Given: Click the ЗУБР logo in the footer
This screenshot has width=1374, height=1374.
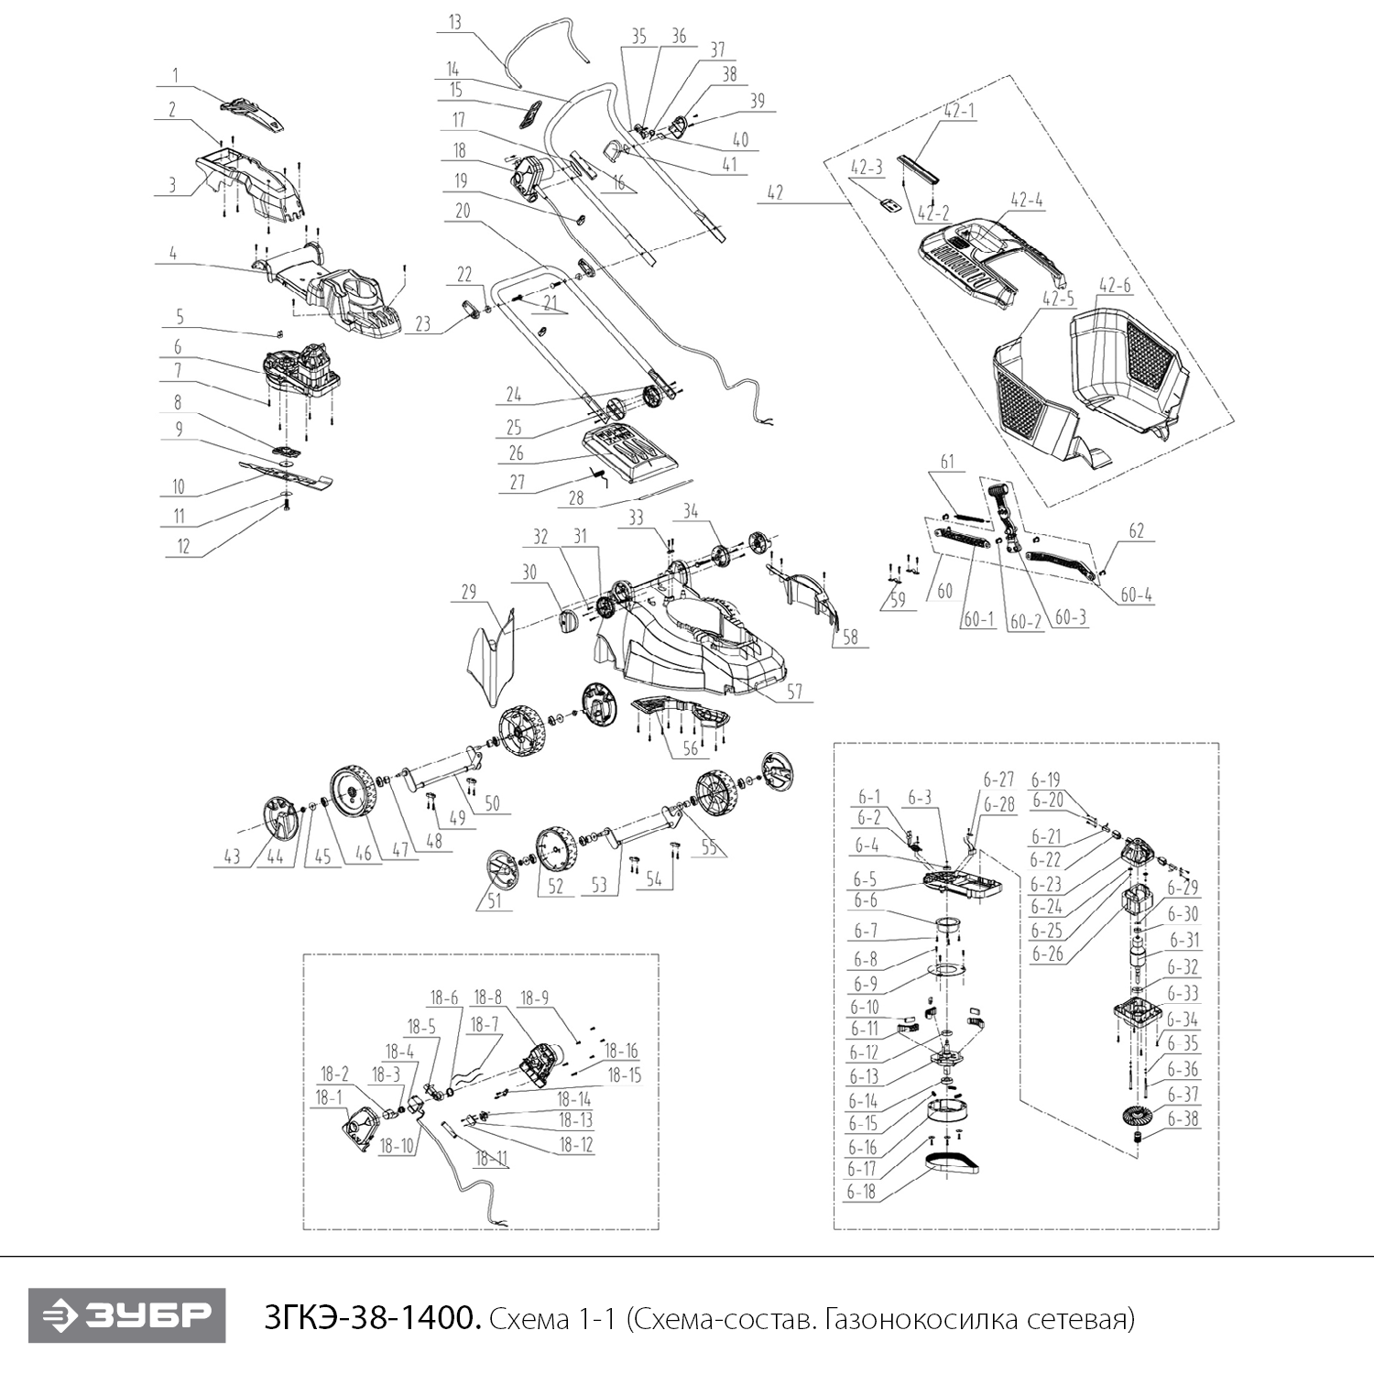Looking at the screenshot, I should pyautogui.click(x=126, y=1316).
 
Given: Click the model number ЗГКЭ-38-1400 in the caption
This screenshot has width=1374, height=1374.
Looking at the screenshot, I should pyautogui.click(x=370, y=1319).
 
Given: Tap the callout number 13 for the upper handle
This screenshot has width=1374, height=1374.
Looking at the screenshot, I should pyautogui.click(x=455, y=22).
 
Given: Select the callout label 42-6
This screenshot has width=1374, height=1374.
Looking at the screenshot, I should pyautogui.click(x=1114, y=285).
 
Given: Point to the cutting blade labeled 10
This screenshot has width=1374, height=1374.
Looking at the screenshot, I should pyautogui.click(x=284, y=473).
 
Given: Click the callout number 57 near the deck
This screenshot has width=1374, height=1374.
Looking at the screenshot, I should pyautogui.click(x=794, y=691).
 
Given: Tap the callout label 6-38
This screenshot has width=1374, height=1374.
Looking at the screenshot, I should pyautogui.click(x=1182, y=1119).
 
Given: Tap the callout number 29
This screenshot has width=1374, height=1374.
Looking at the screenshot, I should pyautogui.click(x=468, y=592).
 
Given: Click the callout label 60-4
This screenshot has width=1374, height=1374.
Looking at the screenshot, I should pyautogui.click(x=1136, y=595).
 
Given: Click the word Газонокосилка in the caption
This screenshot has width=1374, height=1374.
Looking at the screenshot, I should pyautogui.click(x=919, y=1319).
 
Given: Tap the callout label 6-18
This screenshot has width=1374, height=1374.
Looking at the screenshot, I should pyautogui.click(x=861, y=1192).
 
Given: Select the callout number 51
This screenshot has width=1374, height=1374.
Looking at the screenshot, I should pyautogui.click(x=494, y=901).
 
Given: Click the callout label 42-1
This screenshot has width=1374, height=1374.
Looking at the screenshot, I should pyautogui.click(x=959, y=111).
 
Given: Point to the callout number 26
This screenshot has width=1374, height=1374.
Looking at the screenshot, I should pyautogui.click(x=516, y=453).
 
